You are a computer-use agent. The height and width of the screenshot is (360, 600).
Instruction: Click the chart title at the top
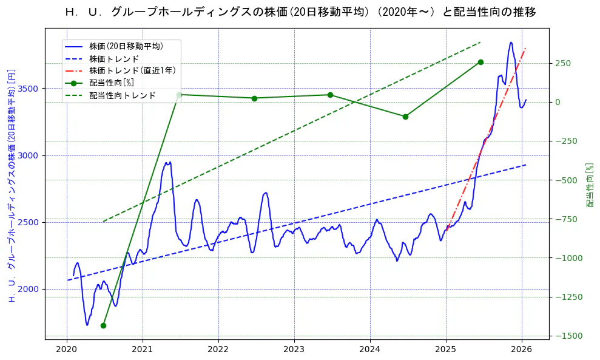coord(300,12)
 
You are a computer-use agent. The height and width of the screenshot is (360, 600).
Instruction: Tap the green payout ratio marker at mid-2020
coord(103,325)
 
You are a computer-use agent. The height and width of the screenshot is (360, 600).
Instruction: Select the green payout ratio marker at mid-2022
coord(254,98)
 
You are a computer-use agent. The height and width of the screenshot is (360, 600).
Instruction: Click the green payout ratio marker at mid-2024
coord(405,117)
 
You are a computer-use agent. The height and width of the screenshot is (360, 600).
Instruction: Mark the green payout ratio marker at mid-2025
coord(480,62)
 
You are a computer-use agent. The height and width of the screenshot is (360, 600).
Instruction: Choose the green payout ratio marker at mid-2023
coord(330,95)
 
